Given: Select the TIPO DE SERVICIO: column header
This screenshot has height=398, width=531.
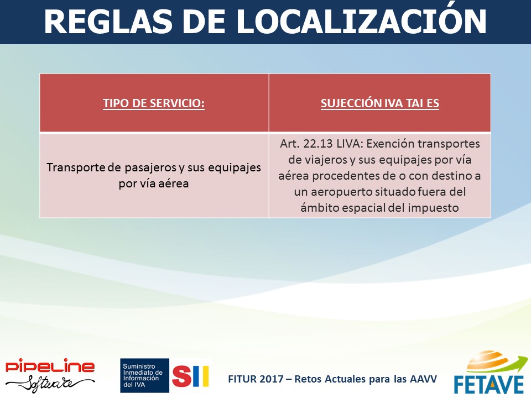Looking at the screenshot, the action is click(154, 103).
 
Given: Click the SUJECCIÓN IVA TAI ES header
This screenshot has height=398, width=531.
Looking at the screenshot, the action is click(380, 103).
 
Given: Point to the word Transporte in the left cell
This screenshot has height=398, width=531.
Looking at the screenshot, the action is click(76, 167).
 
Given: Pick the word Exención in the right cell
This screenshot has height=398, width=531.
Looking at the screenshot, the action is click(391, 144).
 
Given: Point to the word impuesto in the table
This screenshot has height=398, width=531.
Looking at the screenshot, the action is click(433, 208).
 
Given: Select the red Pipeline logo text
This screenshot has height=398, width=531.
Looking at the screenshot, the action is click(50, 366).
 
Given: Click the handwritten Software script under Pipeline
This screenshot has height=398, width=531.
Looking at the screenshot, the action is click(50, 383).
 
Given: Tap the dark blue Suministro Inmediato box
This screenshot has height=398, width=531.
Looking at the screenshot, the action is click(144, 375).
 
